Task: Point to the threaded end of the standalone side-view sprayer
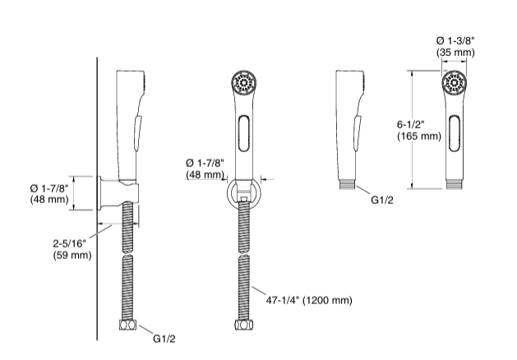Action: [x=348, y=186]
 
